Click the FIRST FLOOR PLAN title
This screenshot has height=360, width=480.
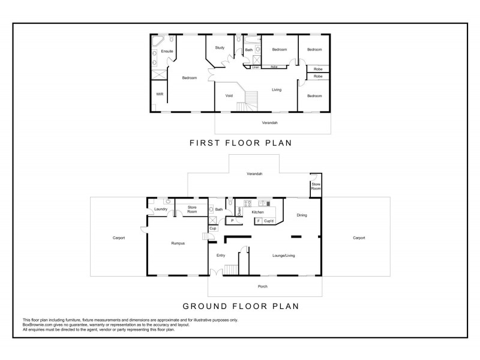(x=240, y=143)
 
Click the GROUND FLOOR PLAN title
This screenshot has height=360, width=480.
(x=240, y=305)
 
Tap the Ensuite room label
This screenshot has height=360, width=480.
(x=167, y=51)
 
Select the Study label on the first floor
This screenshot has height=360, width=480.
(x=220, y=47)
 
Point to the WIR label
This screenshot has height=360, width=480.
(x=160, y=94)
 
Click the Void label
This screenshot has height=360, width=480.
(x=229, y=95)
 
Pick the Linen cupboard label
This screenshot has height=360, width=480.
(x=256, y=67)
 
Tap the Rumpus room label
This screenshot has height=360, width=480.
(x=177, y=243)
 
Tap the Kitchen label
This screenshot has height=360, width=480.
(x=258, y=212)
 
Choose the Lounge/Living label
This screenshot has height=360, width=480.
(x=283, y=256)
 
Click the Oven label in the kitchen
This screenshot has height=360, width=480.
(x=239, y=211)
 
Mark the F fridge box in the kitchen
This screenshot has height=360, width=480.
(x=259, y=221)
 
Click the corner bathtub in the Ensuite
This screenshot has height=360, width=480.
(x=157, y=41)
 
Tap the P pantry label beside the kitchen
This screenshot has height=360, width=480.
(x=232, y=220)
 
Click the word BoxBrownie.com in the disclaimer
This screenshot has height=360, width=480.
(x=35, y=324)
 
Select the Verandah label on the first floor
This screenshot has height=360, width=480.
(x=270, y=122)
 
